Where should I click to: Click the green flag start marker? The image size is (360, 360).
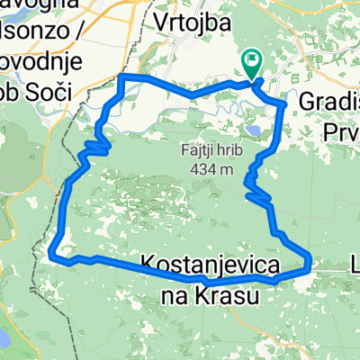point(251,64)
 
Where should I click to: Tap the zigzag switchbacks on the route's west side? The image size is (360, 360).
point(97,144)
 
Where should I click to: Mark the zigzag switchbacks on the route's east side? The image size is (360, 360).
point(257,189)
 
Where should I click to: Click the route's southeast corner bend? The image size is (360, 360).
point(308,264)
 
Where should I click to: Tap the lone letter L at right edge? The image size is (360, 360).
point(354,265)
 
